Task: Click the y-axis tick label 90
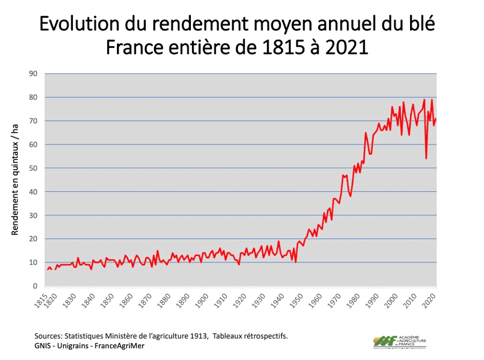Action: (33, 73)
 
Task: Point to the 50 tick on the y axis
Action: (33, 168)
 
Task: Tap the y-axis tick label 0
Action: (35, 286)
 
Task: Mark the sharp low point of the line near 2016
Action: (426, 158)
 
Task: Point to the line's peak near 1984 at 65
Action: (365, 133)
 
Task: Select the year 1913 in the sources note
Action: (198, 336)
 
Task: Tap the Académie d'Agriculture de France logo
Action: (400, 342)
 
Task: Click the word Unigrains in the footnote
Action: (74, 346)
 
